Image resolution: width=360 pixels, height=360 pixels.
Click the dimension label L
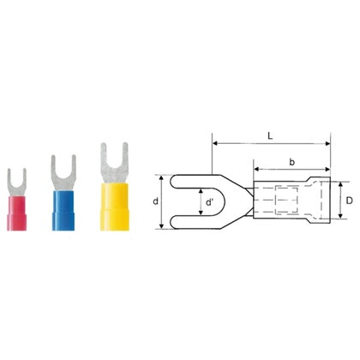[270, 136]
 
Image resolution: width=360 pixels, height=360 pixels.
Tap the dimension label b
[291, 162]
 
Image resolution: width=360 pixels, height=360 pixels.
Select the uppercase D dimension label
[349, 201]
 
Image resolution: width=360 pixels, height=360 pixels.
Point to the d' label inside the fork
[209, 202]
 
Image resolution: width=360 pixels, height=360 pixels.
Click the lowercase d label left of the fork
[155, 201]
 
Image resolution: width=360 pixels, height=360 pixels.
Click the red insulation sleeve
[16, 213]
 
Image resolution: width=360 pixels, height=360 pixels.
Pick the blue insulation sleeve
[63, 211]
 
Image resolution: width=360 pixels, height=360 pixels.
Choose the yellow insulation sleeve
[115, 207]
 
